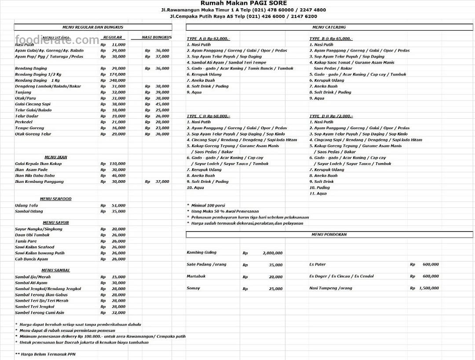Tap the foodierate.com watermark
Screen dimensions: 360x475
[x=57, y=40]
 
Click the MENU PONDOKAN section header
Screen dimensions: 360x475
[x=329, y=235]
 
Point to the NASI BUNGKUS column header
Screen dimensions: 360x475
[x=157, y=37]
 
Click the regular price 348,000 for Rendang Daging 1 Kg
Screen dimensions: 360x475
[x=117, y=80]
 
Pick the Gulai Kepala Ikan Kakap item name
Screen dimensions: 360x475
[x=38, y=164]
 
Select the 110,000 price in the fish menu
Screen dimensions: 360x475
[x=117, y=164]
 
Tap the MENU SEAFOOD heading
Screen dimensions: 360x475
[x=55, y=199]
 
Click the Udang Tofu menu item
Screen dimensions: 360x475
[x=27, y=205]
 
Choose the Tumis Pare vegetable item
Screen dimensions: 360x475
[x=26, y=241]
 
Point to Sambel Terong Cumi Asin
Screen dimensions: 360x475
[x=40, y=313]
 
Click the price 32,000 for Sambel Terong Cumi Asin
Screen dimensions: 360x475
[x=118, y=313]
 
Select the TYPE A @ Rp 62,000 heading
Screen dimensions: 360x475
[x=208, y=39]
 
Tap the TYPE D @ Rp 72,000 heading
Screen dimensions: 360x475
[x=331, y=116]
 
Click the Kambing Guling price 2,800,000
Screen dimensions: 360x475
[x=272, y=253]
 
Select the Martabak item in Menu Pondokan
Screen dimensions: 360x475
[x=196, y=276]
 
